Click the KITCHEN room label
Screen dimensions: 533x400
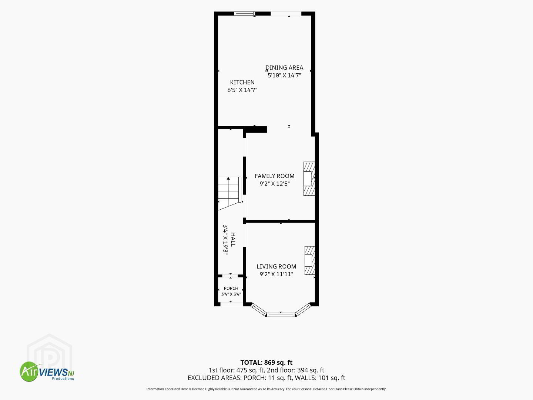tap(242, 82)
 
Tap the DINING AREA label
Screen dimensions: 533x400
tap(284, 67)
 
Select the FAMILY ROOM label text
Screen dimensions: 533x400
tap(274, 176)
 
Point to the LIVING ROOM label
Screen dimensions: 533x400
tap(276, 266)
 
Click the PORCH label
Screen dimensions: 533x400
tap(231, 288)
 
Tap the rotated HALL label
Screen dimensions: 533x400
tap(232, 240)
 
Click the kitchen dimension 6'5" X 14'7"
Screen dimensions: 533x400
tap(242, 90)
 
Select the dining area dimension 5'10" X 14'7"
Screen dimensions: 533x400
tap(284, 75)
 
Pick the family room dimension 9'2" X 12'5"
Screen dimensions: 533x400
tap(275, 184)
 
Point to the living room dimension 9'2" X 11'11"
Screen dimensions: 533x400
tap(276, 274)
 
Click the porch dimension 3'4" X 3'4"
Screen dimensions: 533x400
tap(231, 294)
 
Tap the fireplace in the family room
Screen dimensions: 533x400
tap(309, 179)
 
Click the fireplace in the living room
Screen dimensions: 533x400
tap(309, 261)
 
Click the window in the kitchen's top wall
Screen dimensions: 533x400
tap(245, 13)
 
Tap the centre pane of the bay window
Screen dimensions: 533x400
tap(281, 315)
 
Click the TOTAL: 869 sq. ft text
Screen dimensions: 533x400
tap(266, 363)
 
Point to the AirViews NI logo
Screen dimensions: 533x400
tap(47, 371)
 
